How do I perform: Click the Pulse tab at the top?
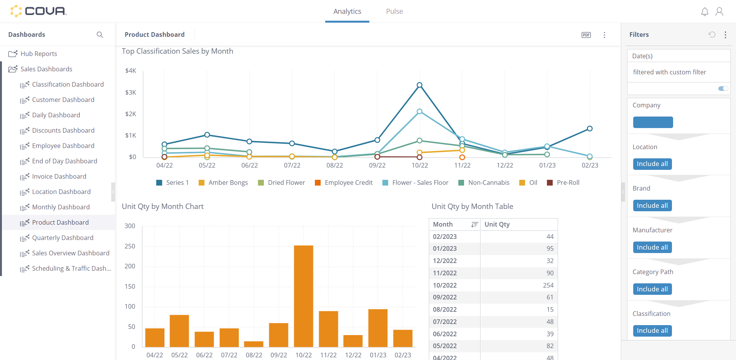click(394, 12)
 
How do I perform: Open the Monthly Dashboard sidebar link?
click(61, 207)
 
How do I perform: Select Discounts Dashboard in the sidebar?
click(63, 130)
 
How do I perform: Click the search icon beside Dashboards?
click(100, 35)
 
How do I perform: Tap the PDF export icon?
click(586, 35)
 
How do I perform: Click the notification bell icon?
click(705, 12)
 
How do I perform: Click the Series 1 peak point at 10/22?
click(420, 85)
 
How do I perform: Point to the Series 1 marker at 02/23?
click(590, 128)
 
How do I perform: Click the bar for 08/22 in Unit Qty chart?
click(254, 344)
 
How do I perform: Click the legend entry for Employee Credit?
click(343, 183)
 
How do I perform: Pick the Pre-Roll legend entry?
click(563, 183)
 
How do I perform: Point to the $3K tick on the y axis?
click(131, 92)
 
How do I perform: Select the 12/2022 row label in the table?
click(445, 261)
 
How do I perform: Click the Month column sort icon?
click(474, 224)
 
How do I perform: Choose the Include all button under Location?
click(652, 164)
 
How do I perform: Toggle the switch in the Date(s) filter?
click(723, 89)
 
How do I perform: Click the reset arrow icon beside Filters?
click(712, 35)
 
